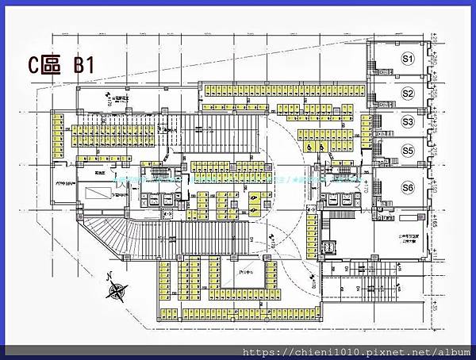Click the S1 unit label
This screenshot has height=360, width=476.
409,59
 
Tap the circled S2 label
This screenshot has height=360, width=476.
409,94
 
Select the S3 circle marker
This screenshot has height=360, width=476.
409,122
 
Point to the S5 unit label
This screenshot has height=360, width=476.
409,151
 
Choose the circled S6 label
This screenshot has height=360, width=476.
409,188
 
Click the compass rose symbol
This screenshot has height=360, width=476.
117,291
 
